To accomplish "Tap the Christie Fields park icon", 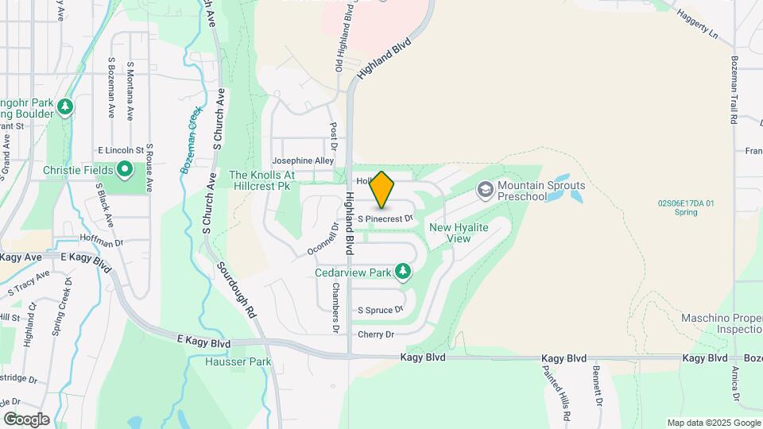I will [125, 169].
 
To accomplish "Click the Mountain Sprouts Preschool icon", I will [485, 191].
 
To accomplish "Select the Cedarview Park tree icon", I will [404, 272].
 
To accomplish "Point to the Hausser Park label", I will [238, 362].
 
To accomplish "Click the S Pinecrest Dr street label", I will [385, 218].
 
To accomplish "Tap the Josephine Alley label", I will [303, 160].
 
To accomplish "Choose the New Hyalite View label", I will [459, 233].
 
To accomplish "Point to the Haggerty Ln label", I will [695, 24].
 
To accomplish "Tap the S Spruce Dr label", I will [381, 310].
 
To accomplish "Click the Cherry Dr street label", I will [376, 334].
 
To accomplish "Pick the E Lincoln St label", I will [120, 149].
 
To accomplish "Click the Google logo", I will [26, 419].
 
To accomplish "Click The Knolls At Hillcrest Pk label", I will [261, 180].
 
